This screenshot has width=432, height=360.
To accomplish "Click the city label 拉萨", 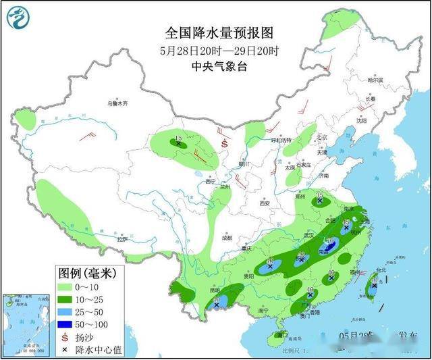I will pos(121,239).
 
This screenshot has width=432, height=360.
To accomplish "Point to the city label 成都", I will pos(225,237).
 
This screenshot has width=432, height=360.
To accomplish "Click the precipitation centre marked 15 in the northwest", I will pos(179,143).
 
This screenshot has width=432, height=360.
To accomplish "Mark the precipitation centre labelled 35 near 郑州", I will pos(319,201).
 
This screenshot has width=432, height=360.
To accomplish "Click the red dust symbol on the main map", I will pos(225,143).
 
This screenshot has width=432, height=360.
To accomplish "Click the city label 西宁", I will pos(210,182).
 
